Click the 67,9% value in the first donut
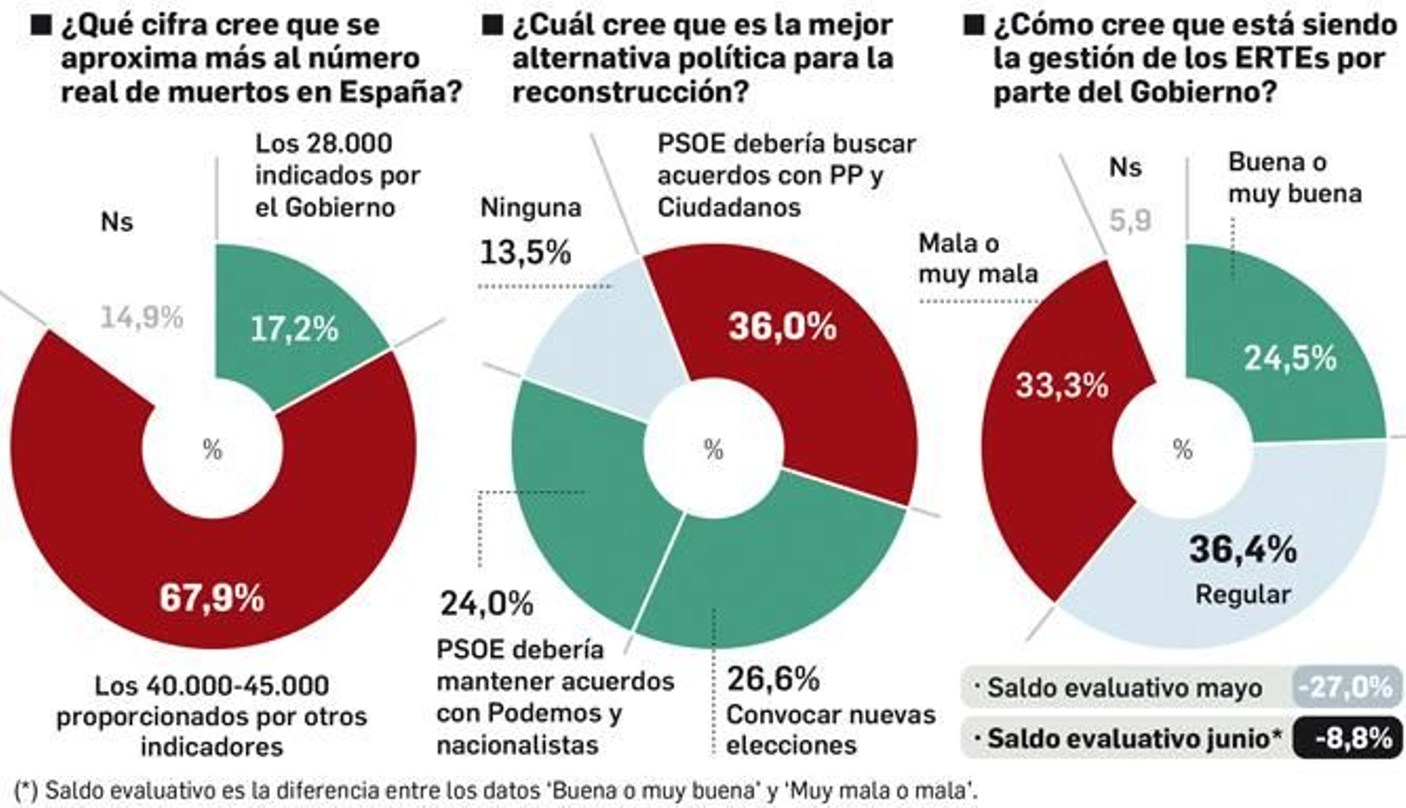212,598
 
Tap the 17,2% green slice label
294,329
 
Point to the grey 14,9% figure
141,317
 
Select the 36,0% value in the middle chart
782,326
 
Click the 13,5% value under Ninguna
525,252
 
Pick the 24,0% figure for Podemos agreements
486,603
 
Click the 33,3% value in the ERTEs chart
1062,384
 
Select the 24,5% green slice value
1289,358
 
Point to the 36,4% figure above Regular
1243,550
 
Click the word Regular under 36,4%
1243,594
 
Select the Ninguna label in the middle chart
530,207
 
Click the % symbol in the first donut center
213,449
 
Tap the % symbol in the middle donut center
714,449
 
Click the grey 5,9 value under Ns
1129,220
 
